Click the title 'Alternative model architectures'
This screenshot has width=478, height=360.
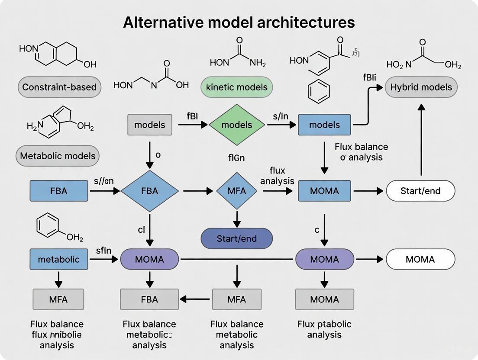point(239,22)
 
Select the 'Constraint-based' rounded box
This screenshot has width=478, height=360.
point(60,87)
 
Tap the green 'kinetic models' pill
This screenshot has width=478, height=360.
point(236,87)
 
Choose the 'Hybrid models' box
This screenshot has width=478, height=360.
point(421,87)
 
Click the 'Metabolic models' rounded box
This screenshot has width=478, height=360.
point(58,156)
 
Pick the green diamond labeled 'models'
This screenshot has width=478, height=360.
point(236,125)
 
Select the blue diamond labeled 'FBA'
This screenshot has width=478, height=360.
point(149,190)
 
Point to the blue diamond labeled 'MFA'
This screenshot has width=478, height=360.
point(236,190)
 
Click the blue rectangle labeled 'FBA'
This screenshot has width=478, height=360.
point(58,190)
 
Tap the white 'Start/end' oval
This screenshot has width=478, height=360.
point(420,191)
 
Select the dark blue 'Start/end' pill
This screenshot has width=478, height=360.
point(236,238)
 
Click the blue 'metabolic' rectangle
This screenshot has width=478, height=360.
point(58,259)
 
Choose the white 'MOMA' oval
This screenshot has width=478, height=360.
point(420,259)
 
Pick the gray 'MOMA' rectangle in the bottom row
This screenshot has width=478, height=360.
point(324,299)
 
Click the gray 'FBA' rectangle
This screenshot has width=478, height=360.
point(149,299)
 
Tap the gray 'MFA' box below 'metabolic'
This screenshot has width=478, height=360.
point(58,299)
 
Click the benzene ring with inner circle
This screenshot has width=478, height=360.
point(318,92)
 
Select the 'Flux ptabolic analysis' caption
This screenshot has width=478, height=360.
point(324,329)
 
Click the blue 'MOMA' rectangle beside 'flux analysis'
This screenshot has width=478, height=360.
point(324,191)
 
